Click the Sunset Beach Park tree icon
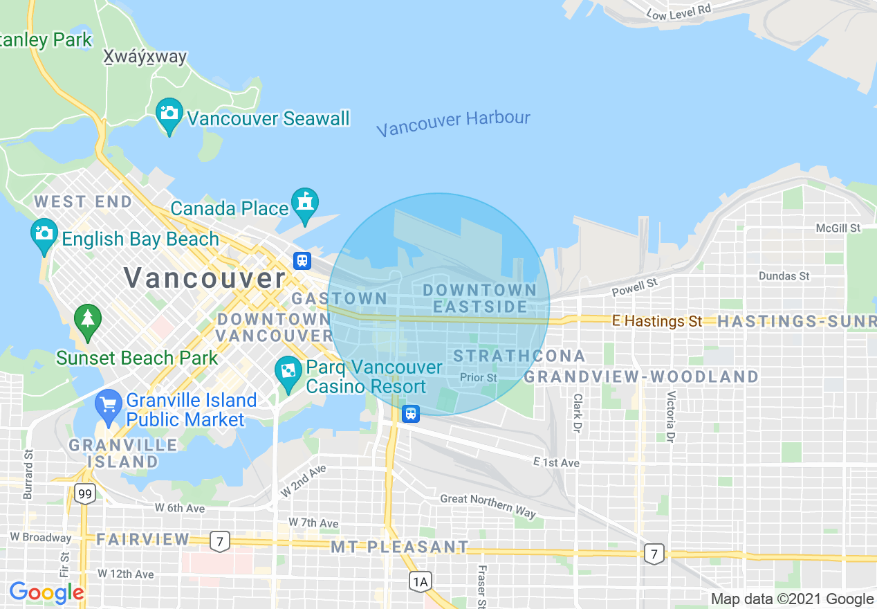click(88, 319)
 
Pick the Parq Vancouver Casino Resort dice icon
click(287, 372)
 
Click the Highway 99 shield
click(85, 493)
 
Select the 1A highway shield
click(420, 581)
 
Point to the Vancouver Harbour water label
click(453, 123)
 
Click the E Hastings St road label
click(657, 321)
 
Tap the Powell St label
click(634, 287)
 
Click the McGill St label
click(838, 228)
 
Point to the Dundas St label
click(784, 275)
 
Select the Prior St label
click(479, 378)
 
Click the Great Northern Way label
click(488, 506)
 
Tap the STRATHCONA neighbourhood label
click(519, 356)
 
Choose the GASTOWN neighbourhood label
click(340, 298)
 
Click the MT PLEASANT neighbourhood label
click(400, 547)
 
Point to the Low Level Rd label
click(678, 12)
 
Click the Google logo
click(46, 592)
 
